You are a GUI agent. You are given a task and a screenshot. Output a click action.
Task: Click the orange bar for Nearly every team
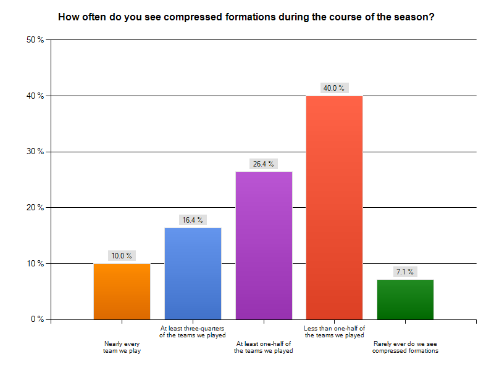point(122,291)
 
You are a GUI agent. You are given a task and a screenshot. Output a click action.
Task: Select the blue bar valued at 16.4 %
point(193,273)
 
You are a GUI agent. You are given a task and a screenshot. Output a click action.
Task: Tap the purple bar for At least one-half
point(264,245)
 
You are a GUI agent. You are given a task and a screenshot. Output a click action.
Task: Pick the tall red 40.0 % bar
point(334,207)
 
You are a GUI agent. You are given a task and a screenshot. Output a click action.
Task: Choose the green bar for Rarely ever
point(405,299)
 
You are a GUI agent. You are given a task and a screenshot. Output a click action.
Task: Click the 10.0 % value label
point(122,255)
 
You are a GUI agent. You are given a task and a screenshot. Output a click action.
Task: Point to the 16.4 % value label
point(193,220)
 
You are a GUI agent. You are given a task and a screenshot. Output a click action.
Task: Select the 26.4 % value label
point(264,163)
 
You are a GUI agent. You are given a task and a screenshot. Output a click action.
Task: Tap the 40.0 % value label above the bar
point(334,88)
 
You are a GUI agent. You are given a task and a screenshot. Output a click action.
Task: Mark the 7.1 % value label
point(405,271)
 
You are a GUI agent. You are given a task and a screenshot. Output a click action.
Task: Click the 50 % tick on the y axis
point(35,39)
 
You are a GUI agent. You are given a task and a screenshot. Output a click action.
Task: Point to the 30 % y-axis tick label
point(35,152)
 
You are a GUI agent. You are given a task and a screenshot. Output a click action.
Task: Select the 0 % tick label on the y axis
point(36,319)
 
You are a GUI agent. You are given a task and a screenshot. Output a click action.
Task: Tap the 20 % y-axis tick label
point(35,208)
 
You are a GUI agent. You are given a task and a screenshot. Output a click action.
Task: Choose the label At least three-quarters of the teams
point(193,332)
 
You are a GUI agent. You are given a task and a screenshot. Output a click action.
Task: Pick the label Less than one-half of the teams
point(334,332)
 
